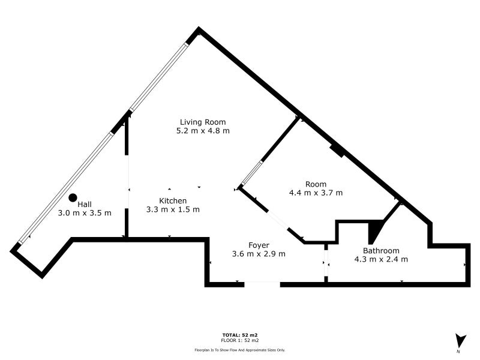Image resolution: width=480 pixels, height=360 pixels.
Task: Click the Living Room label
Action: (x=203, y=122)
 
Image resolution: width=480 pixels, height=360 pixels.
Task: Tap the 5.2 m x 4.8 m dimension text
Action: (x=203, y=131)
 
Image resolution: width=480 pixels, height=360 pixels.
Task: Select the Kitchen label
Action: (x=173, y=200)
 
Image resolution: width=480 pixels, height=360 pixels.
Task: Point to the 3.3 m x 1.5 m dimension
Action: (x=173, y=209)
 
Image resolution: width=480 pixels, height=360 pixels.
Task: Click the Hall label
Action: (x=85, y=204)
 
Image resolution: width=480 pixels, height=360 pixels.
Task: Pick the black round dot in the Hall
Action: (x=73, y=197)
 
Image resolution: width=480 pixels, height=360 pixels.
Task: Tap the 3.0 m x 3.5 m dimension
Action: (x=85, y=213)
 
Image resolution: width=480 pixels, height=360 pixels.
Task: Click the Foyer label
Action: (x=259, y=245)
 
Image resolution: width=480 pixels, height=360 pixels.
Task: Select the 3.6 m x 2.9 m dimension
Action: (x=259, y=254)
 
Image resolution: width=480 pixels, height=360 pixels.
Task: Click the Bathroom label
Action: (x=381, y=251)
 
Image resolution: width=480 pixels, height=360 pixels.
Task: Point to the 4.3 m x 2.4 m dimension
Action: (x=381, y=259)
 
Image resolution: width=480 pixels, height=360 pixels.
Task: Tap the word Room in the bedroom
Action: (x=316, y=184)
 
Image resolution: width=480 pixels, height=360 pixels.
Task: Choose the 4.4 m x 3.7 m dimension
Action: (x=316, y=193)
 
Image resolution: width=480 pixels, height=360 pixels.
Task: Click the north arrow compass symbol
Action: (x=460, y=341)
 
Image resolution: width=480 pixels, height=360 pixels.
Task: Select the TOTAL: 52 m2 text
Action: (x=240, y=335)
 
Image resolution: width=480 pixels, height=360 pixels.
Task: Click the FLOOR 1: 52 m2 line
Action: (x=240, y=340)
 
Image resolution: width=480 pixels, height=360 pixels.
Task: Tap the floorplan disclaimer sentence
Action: (x=240, y=349)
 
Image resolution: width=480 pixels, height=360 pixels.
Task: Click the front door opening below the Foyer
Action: (x=262, y=283)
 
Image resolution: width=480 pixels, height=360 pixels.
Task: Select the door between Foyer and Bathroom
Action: (x=326, y=263)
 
